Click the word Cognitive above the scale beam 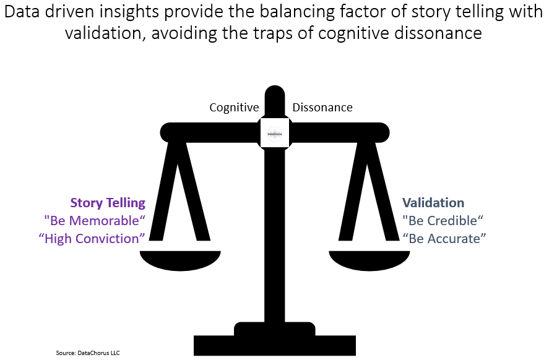coord(234,108)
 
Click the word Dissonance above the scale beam coord(322,108)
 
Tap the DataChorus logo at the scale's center coord(274,132)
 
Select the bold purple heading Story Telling coord(108,203)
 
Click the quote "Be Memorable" coord(95,220)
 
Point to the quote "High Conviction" coord(92,238)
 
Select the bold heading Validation coord(433,203)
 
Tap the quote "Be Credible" coord(442,220)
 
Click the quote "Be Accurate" coord(444,238)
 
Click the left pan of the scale coord(181,260)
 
